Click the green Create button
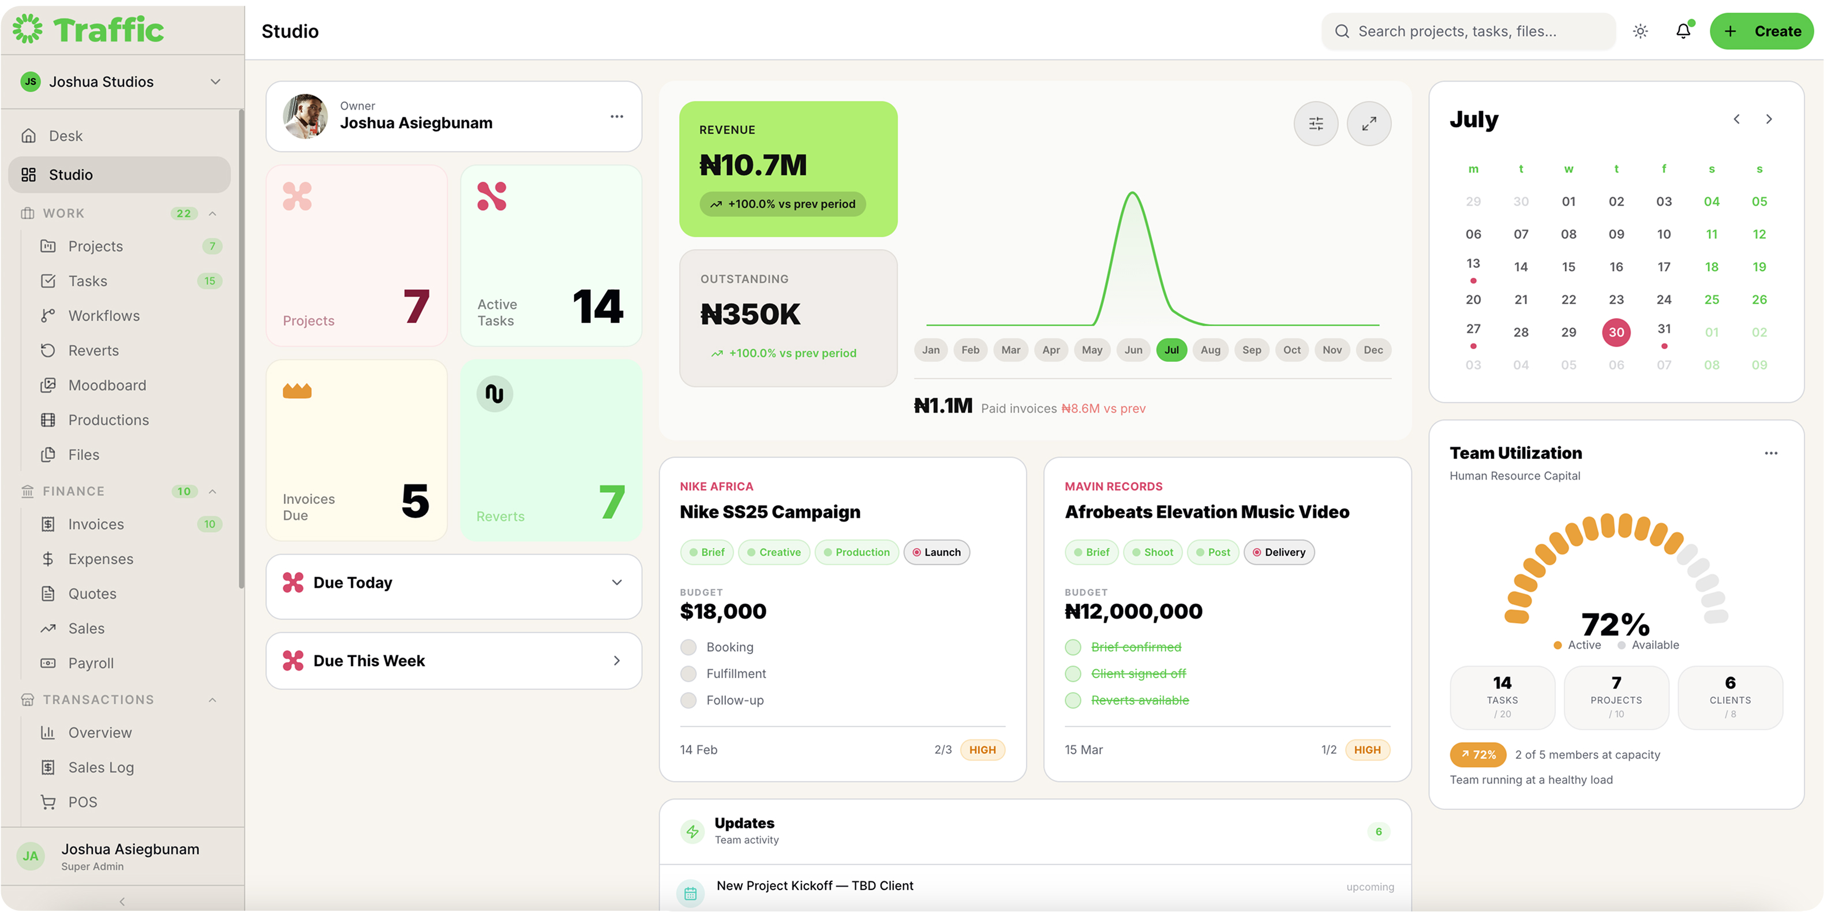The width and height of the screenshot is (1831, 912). click(1761, 31)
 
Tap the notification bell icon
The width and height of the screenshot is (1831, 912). click(1683, 31)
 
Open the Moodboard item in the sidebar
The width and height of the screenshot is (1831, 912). click(107, 385)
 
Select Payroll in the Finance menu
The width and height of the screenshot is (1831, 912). click(91, 663)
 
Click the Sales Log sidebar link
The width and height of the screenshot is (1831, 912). click(101, 768)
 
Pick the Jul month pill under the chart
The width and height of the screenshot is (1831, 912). click(1171, 350)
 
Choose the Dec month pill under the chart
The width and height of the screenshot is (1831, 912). click(1373, 350)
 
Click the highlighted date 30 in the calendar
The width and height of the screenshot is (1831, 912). click(1616, 332)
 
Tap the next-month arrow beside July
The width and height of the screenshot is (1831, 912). click(1769, 119)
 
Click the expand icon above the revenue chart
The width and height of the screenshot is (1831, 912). click(1369, 124)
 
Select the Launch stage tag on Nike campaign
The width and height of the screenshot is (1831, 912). click(936, 552)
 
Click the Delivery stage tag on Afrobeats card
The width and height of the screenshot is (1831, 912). click(1279, 552)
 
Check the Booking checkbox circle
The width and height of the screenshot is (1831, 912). click(688, 648)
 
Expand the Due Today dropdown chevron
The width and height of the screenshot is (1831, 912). click(616, 583)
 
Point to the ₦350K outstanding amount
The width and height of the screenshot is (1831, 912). click(750, 314)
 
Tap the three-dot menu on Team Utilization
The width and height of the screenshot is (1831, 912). click(1770, 454)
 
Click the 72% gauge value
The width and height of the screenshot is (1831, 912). click(1615, 624)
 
